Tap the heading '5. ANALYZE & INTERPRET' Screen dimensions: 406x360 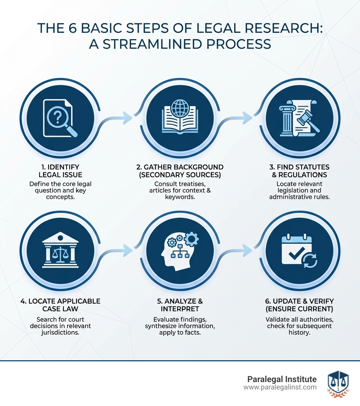pyautogui.click(x=180, y=305)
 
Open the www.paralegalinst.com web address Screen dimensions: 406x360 pyautogui.click(x=280, y=387)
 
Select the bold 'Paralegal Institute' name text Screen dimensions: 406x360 pyautogui.click(x=282, y=379)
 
